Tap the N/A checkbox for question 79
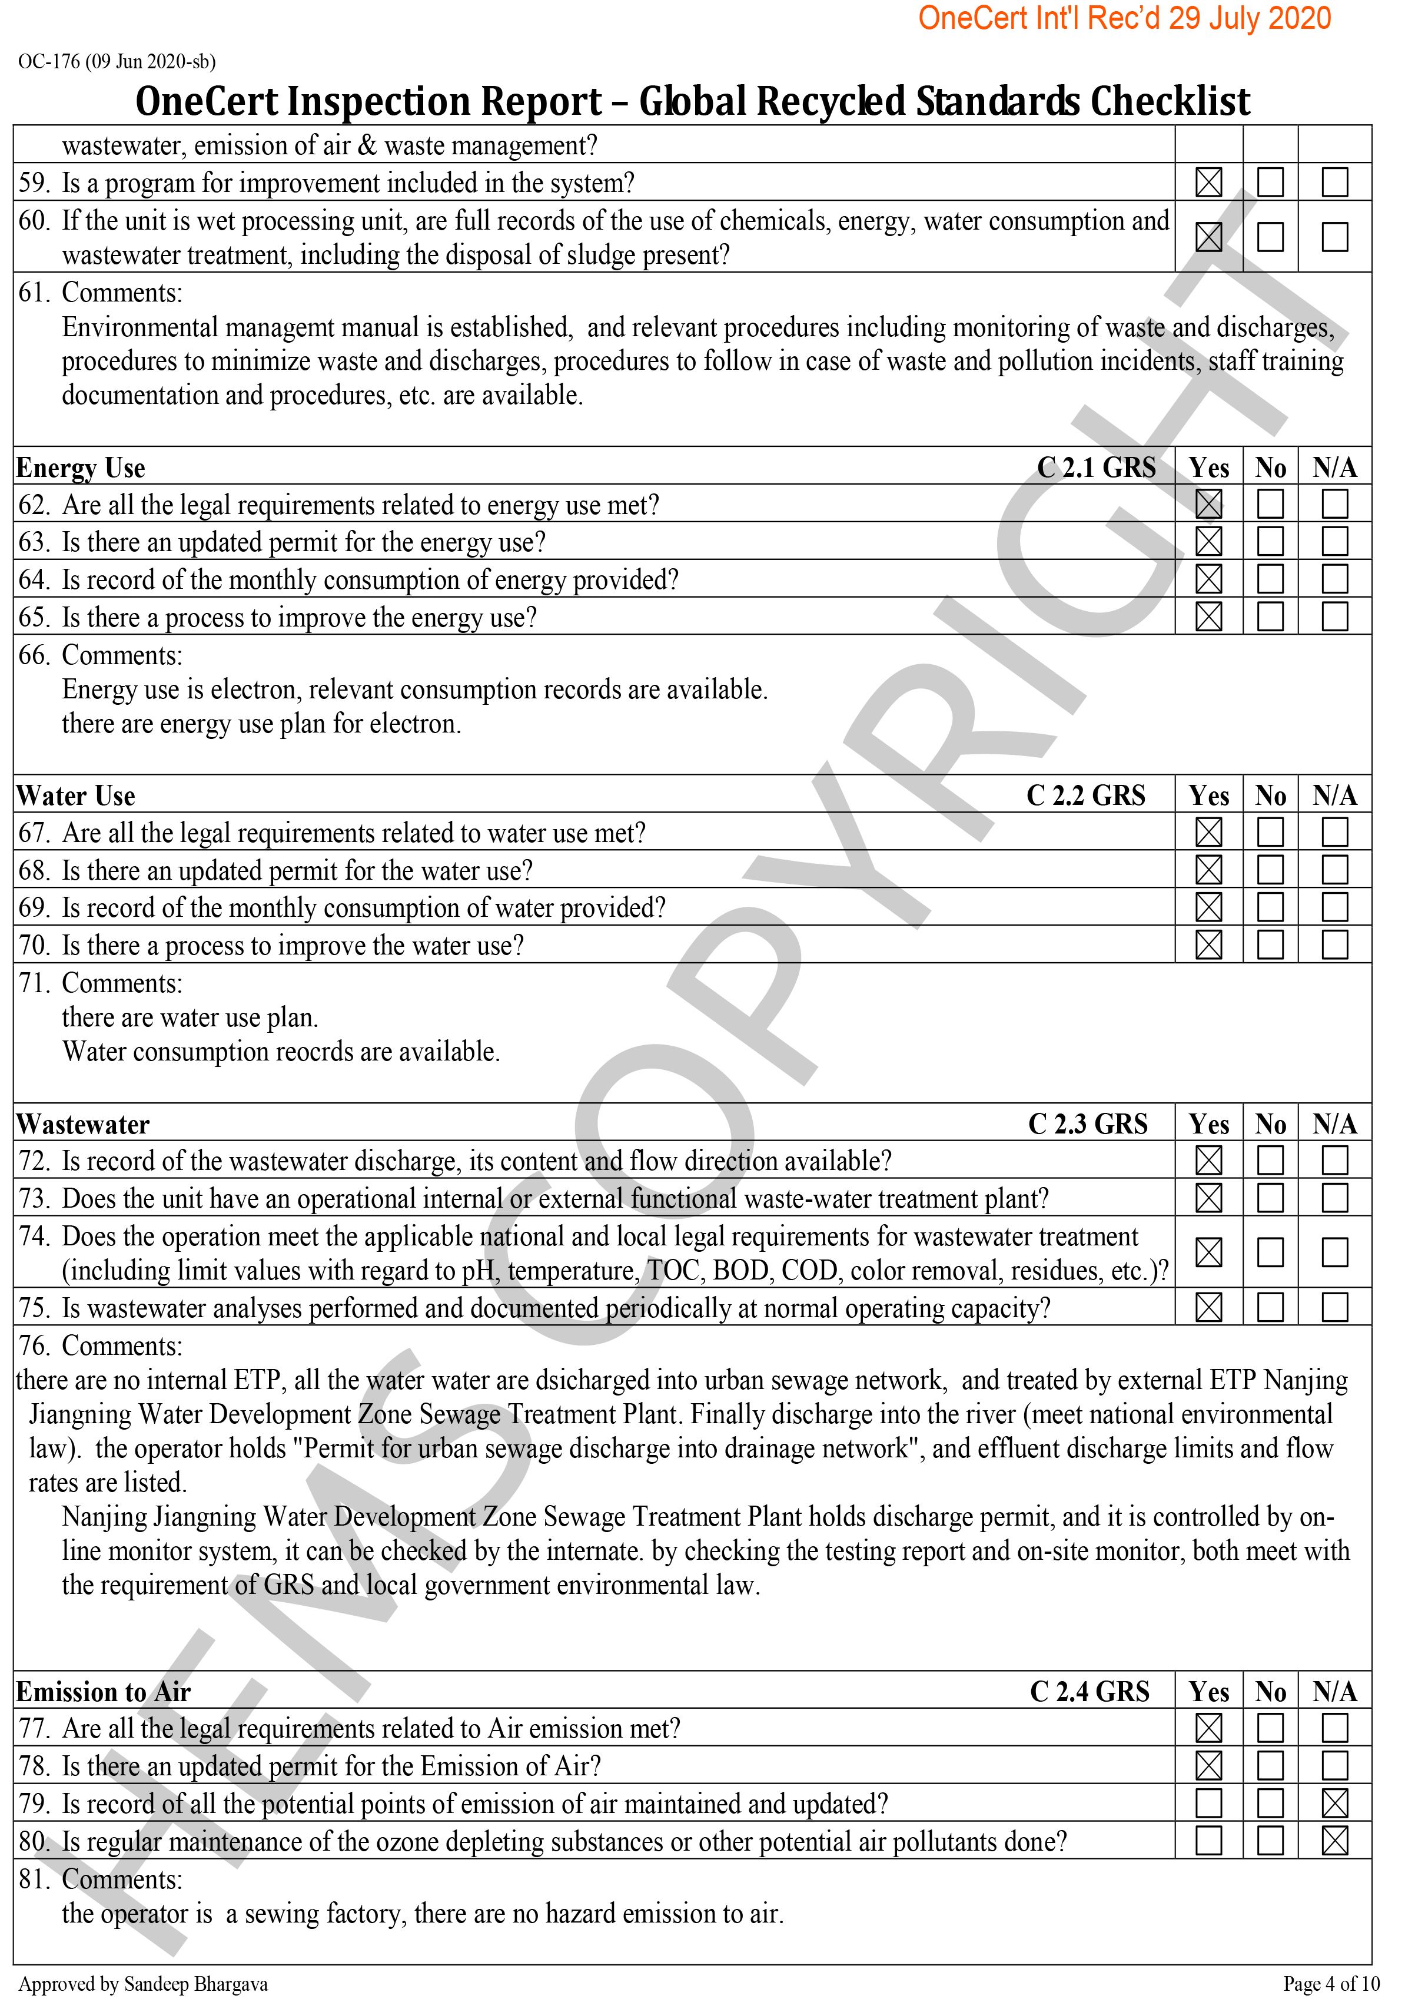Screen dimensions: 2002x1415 [1335, 1803]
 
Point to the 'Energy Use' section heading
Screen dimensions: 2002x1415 [81, 468]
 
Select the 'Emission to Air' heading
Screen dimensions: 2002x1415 [103, 1692]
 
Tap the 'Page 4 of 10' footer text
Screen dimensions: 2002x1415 [1331, 1984]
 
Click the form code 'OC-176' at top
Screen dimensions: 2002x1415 [49, 62]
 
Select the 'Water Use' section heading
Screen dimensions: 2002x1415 [76, 796]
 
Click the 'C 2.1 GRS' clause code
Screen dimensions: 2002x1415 [1096, 468]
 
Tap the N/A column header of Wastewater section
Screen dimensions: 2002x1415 [1335, 1124]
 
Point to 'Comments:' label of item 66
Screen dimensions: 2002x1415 [122, 656]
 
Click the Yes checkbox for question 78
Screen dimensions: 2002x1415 [1208, 1766]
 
